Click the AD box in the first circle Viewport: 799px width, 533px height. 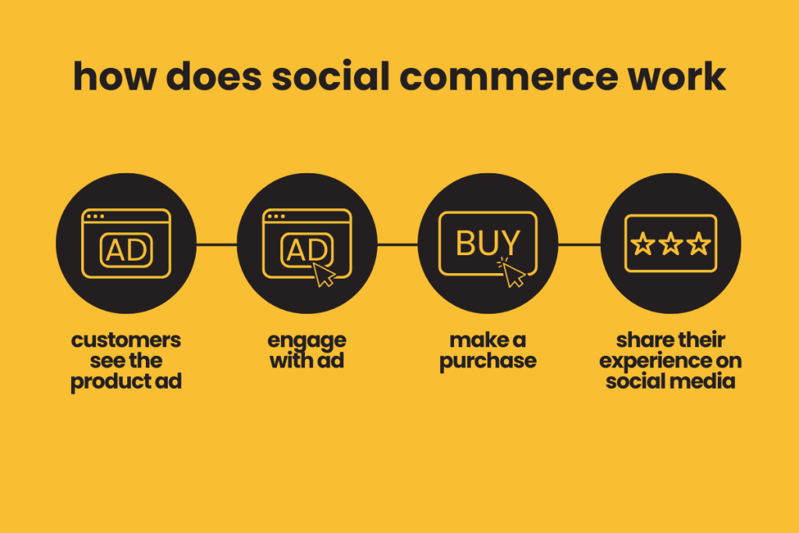126,250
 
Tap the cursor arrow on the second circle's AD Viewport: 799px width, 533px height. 324,274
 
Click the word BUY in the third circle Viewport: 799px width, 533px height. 488,243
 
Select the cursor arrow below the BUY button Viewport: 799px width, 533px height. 512,272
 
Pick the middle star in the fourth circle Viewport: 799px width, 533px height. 670,244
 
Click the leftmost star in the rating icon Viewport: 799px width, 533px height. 643,244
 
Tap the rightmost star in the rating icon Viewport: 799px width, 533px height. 698,244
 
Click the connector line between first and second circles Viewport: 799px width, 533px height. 216,244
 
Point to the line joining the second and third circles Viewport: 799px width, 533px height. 397,244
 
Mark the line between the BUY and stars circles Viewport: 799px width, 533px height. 579,244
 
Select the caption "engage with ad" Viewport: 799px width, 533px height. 307,351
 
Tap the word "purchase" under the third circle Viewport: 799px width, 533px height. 488,362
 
